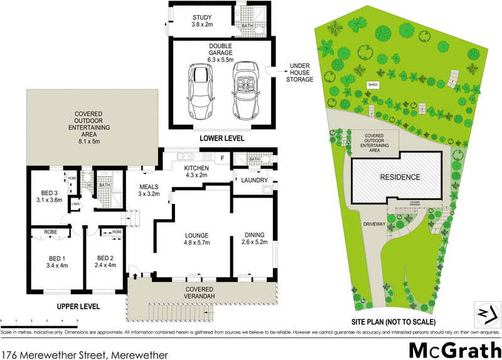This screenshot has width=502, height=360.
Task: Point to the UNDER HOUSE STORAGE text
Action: (299, 72)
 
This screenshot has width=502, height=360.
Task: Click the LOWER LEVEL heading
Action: (222, 138)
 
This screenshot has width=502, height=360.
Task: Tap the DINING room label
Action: (254, 240)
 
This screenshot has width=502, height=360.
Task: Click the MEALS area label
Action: (149, 190)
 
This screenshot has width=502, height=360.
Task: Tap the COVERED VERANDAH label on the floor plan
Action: (200, 292)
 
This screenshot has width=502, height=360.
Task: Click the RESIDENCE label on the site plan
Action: (399, 177)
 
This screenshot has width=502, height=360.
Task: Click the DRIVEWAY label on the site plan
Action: (373, 223)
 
